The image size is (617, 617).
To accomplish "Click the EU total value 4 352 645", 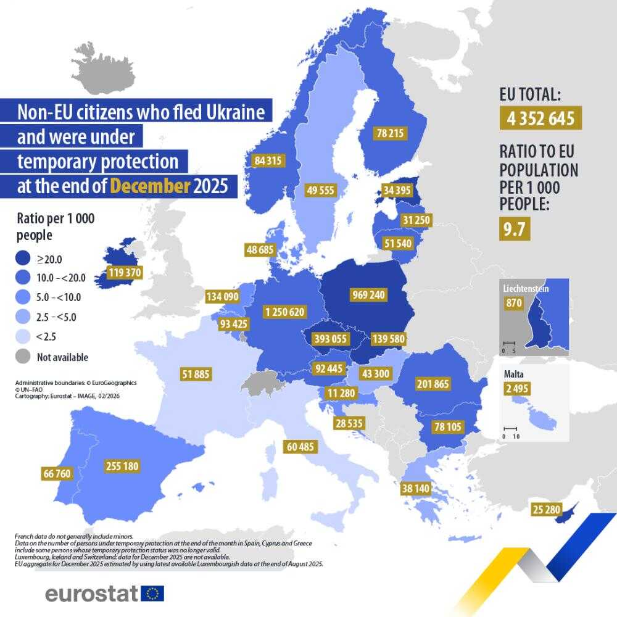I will click(540, 118).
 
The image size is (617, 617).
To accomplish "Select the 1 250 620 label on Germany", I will click(284, 312).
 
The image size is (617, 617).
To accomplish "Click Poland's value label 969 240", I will click(368, 295).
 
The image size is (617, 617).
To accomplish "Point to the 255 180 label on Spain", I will click(122, 466).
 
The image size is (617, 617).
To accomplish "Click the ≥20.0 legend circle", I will click(23, 259).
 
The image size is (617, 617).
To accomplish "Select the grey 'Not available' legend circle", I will click(23, 357).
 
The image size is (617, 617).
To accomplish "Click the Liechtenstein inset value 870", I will click(514, 303).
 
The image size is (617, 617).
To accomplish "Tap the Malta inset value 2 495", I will click(516, 388).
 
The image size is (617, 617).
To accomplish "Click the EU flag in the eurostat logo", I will click(152, 594).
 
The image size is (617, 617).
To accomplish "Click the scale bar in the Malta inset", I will click(511, 428).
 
